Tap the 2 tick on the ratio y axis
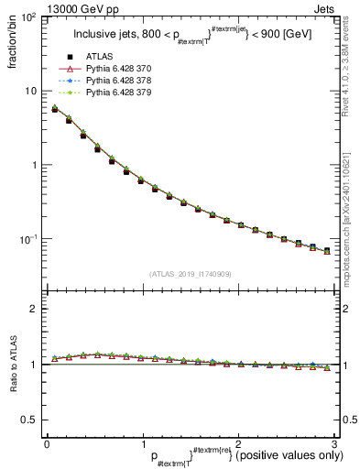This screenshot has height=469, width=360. pyautogui.click(x=33, y=309)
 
